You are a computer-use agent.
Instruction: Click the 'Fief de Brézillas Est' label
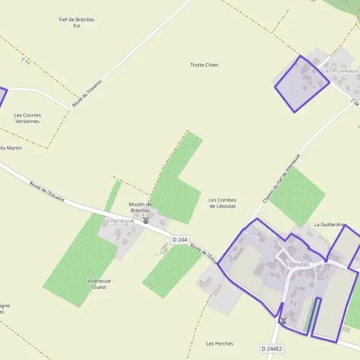(77, 23)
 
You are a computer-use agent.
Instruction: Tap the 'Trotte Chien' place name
(205, 65)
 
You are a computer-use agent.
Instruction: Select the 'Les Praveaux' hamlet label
(340, 71)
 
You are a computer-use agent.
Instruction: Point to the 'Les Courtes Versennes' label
(28, 118)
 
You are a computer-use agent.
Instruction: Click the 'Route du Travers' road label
(88, 94)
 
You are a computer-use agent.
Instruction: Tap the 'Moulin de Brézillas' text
(140, 207)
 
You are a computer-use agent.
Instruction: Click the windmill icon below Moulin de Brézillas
(145, 220)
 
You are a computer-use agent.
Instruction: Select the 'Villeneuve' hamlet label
(120, 221)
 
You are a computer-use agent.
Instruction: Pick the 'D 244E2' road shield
(272, 349)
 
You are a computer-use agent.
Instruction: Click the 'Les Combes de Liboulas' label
(223, 203)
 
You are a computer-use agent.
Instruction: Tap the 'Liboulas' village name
(298, 264)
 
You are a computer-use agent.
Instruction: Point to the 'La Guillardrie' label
(329, 225)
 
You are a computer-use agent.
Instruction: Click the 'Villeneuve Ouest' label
(99, 284)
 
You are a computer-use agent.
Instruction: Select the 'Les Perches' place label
(220, 344)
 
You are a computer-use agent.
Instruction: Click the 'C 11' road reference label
(25, 61)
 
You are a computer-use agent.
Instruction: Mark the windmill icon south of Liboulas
(283, 322)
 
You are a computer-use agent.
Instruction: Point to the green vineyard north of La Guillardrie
(297, 196)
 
